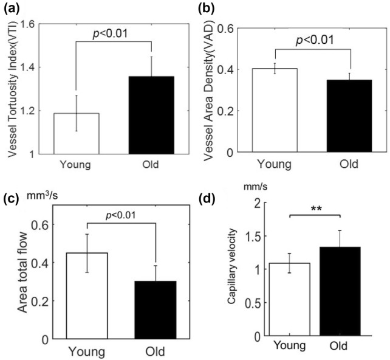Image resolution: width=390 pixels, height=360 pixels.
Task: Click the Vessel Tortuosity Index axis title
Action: [12, 89]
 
